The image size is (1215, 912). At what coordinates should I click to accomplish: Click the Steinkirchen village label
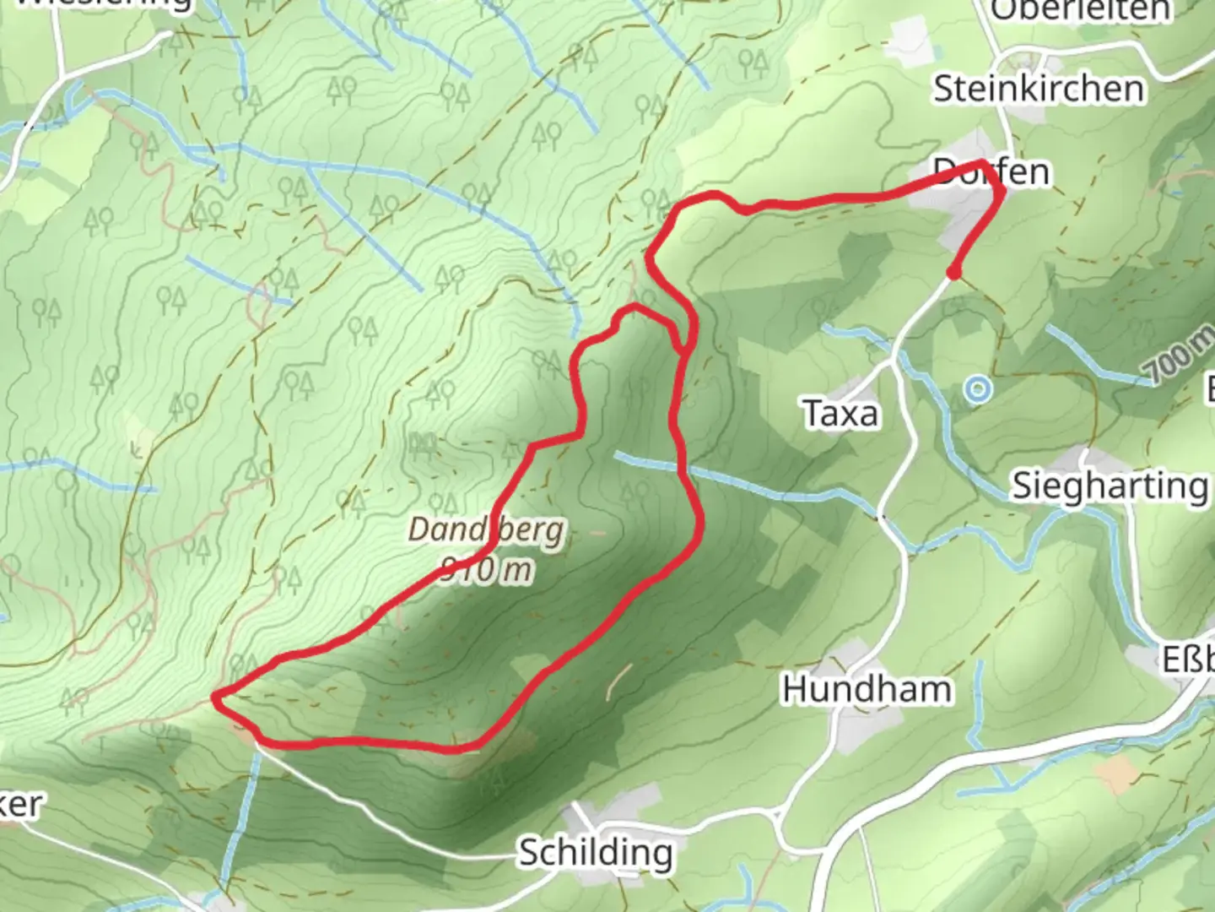[x=1038, y=89]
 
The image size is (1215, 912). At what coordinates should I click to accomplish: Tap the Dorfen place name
[x=992, y=172]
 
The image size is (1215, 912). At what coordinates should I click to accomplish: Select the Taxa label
[x=840, y=414]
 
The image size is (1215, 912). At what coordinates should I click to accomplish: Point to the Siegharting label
[x=1110, y=486]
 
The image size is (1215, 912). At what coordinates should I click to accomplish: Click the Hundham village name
[x=867, y=689]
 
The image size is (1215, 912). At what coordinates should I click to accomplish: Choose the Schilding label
[x=596, y=852]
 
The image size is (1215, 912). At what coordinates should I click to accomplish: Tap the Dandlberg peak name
[x=486, y=530]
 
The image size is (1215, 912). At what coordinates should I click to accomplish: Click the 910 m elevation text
[x=487, y=570]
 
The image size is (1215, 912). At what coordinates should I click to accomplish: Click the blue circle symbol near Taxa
[x=978, y=389]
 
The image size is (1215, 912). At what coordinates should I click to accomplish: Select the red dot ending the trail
[x=953, y=273]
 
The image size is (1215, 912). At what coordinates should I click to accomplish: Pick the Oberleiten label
[x=1080, y=10]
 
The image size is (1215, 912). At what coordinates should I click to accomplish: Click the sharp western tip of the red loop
[x=217, y=696]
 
